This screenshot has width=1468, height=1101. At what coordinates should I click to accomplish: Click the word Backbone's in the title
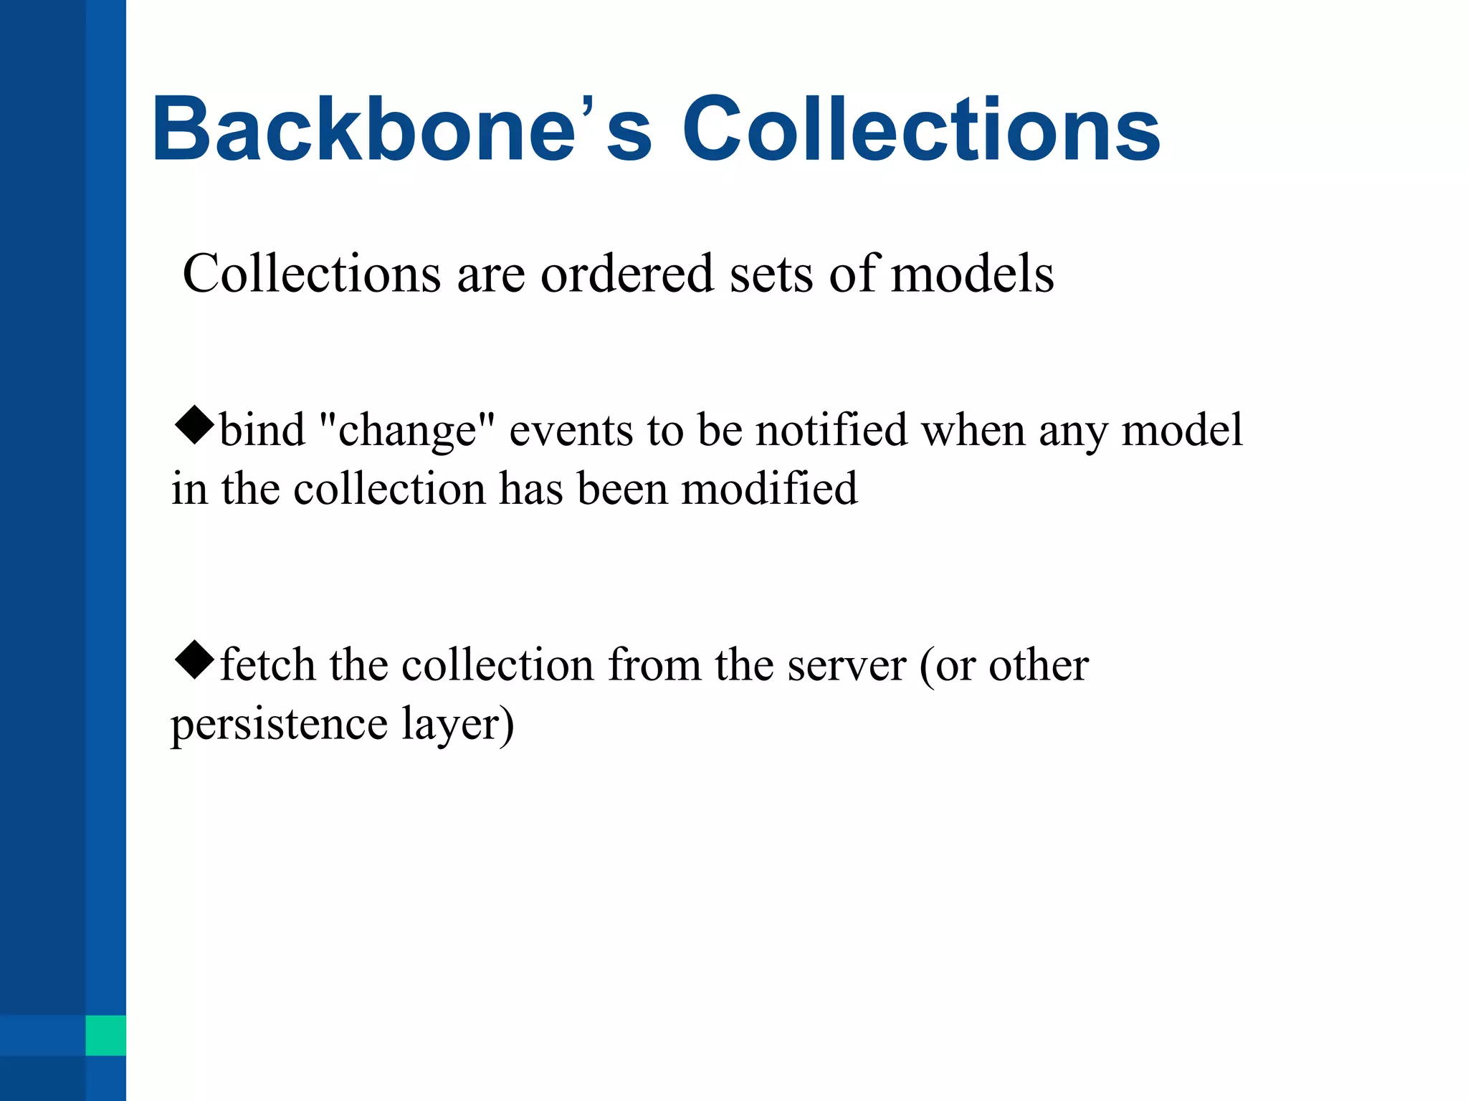tap(401, 129)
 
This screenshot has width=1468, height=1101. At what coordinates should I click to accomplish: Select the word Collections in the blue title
tap(921, 129)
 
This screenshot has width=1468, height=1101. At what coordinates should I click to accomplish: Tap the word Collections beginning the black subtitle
tap(312, 274)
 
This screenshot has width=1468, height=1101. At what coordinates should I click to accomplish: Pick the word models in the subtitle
tap(972, 274)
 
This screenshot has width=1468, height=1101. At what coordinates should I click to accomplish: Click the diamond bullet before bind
tap(194, 426)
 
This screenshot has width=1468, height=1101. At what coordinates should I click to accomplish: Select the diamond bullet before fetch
tap(194, 660)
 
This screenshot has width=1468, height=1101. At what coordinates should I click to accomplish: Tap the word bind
tap(262, 430)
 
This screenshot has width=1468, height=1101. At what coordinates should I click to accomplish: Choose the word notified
tap(831, 430)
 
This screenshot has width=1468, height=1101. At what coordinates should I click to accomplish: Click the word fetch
tap(267, 664)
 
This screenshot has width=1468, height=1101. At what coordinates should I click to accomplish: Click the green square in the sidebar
tap(105, 1035)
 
